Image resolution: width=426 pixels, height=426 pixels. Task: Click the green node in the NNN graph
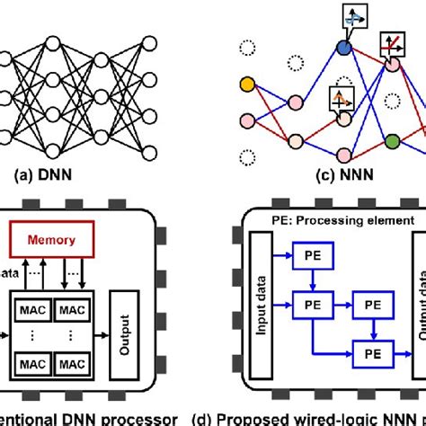393,142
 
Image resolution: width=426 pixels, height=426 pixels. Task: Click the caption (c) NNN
333,177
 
